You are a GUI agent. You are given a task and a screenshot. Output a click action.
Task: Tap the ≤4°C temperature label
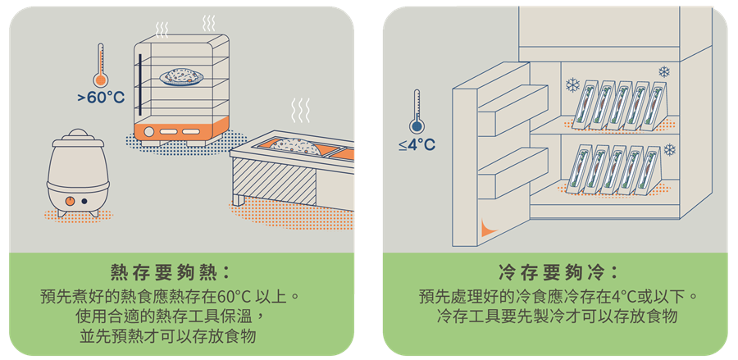[x=417, y=145]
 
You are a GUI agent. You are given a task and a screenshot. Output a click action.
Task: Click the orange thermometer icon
[x=101, y=66]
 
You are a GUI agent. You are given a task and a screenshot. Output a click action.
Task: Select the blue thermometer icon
[x=417, y=112]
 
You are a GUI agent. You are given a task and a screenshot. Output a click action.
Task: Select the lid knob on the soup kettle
[x=75, y=133]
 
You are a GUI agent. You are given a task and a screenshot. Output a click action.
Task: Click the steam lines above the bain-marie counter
[x=302, y=110]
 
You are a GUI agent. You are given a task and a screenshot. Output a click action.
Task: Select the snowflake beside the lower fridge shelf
[x=670, y=150]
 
